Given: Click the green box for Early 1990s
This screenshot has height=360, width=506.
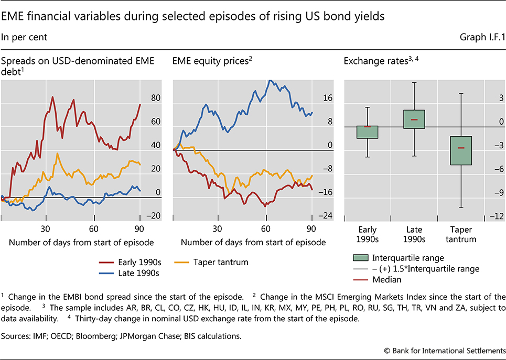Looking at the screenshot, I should pos(367,132).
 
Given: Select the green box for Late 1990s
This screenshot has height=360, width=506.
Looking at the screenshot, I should pos(414,119).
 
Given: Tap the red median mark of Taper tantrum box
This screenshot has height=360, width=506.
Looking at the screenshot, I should pos(461,148).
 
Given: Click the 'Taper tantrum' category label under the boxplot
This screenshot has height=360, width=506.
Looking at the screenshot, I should pos(461,234).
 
